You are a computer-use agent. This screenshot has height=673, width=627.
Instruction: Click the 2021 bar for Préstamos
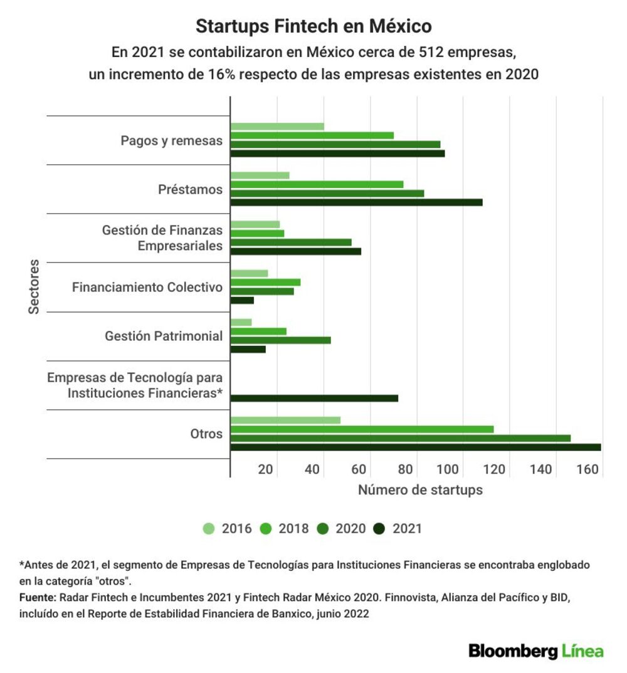point(356,202)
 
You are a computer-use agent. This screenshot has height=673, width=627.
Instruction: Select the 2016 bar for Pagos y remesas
point(277,127)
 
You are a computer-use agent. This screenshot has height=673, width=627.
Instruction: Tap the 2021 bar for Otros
point(416,447)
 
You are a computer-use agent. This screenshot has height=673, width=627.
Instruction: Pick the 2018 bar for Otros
point(362,429)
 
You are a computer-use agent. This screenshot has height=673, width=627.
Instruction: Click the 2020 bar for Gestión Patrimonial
point(281,340)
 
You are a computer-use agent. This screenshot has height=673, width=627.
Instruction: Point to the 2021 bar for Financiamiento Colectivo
point(242,300)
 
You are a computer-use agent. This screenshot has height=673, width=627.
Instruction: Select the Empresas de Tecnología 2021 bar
point(314,399)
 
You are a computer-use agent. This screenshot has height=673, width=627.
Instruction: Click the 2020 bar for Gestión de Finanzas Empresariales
point(291,243)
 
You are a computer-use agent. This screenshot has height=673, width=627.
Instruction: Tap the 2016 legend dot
point(209,528)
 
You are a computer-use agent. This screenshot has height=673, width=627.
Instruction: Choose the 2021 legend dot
point(379,528)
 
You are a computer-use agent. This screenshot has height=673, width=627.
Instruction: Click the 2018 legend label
point(293,528)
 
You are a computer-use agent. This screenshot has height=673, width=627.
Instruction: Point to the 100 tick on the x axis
point(448,469)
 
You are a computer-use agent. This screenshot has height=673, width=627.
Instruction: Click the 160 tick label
point(587,469)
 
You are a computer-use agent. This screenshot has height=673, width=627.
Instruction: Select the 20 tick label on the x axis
point(265,469)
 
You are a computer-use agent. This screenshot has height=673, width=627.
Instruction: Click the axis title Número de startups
point(421,490)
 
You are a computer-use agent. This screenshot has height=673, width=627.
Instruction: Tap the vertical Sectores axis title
point(33,287)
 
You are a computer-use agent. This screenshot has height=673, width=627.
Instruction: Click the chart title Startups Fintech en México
point(314,26)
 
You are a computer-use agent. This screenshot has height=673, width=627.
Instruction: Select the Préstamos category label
point(190,189)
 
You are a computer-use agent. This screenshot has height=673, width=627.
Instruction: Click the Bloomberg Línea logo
point(536,651)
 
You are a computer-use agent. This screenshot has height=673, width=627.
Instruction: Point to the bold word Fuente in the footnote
point(38,597)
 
